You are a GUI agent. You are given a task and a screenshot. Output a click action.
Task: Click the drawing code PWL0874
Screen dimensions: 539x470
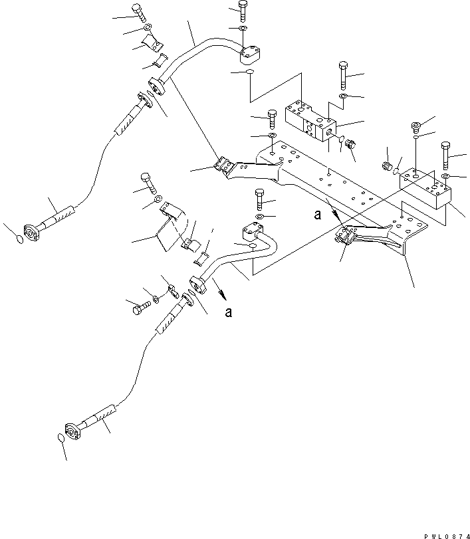(441, 534)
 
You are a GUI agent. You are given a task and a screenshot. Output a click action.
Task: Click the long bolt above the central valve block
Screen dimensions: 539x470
(342, 75)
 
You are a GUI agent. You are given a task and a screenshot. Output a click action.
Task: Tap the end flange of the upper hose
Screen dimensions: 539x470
(31, 231)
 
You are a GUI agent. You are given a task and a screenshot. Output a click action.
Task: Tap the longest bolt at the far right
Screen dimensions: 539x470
(445, 155)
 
